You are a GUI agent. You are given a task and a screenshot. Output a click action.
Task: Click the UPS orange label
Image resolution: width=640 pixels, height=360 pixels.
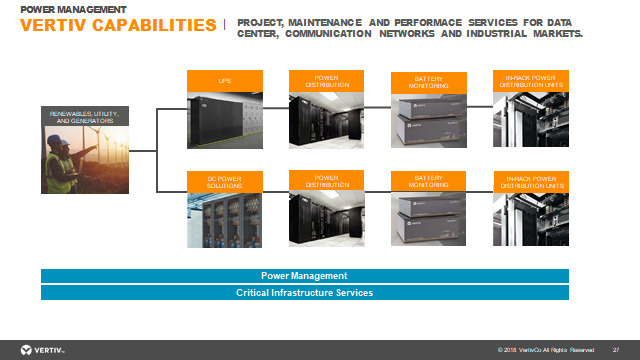(225, 80)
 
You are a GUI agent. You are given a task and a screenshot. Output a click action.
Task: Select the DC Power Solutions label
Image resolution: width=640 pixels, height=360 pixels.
(225, 181)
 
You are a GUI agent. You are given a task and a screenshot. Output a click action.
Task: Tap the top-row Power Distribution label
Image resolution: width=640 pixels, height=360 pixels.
(327, 80)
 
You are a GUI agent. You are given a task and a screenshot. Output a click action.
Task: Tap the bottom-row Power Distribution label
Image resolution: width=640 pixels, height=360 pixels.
(327, 181)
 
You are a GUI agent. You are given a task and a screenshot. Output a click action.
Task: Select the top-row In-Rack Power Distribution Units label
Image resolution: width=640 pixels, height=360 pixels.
(531, 80)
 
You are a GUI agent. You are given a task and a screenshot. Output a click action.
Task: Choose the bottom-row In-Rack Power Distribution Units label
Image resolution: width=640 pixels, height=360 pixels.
(531, 181)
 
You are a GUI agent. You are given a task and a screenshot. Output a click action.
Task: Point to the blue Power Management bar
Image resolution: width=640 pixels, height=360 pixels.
(304, 275)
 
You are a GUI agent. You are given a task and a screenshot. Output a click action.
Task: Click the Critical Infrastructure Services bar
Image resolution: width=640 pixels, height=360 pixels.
(304, 293)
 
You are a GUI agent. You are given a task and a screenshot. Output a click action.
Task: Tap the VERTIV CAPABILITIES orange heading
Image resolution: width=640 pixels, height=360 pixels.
(118, 25)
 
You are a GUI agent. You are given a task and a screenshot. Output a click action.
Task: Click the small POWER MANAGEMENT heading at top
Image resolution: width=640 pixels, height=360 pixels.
(73, 8)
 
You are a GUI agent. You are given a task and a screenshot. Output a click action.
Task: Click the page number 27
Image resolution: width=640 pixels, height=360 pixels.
(615, 350)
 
